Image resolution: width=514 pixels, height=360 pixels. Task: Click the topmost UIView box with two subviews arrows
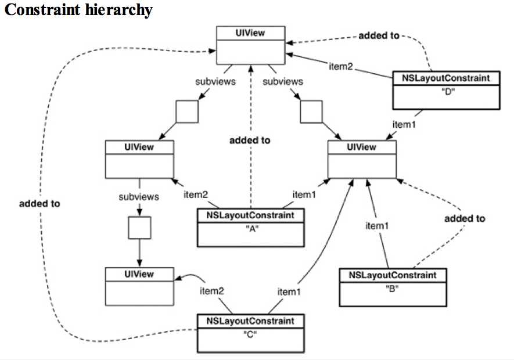coord(250,45)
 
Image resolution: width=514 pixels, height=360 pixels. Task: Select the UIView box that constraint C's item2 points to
coord(139,286)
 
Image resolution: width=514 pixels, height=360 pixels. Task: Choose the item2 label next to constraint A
coord(196,193)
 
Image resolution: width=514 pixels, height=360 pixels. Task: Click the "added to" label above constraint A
coord(250,140)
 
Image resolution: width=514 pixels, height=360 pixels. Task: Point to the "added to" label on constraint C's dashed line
coord(39,203)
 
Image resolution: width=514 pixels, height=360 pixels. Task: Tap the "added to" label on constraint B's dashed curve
coord(465,219)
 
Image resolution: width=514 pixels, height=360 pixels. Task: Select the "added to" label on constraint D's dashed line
coord(379,35)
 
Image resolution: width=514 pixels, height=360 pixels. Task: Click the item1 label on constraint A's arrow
coord(304,193)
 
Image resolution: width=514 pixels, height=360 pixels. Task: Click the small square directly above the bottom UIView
coord(139,227)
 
